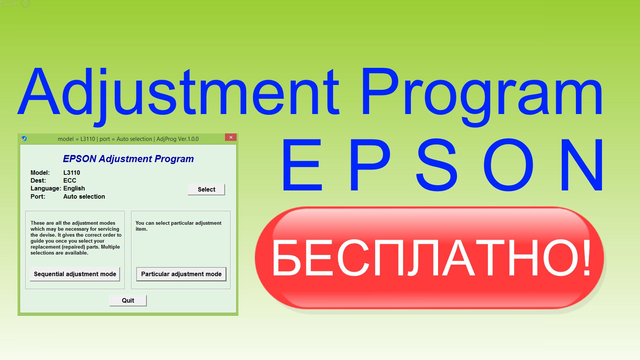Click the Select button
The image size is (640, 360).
point(206,189)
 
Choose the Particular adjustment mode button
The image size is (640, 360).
point(181,274)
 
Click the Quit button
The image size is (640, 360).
point(128,300)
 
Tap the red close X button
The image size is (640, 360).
point(231,138)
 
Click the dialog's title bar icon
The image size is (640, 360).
point(24,139)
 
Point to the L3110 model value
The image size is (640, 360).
point(72,173)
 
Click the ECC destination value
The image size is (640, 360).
point(70,180)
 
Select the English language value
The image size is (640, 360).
point(74,188)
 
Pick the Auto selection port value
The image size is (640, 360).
point(84,196)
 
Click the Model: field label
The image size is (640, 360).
point(40,173)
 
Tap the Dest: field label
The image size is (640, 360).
point(38,180)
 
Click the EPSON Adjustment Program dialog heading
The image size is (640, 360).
point(128,159)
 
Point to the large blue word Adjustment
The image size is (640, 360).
point(179,93)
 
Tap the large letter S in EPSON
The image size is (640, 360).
point(437,165)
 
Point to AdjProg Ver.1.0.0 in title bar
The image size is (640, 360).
point(177,139)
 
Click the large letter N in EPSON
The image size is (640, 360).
point(583,165)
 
